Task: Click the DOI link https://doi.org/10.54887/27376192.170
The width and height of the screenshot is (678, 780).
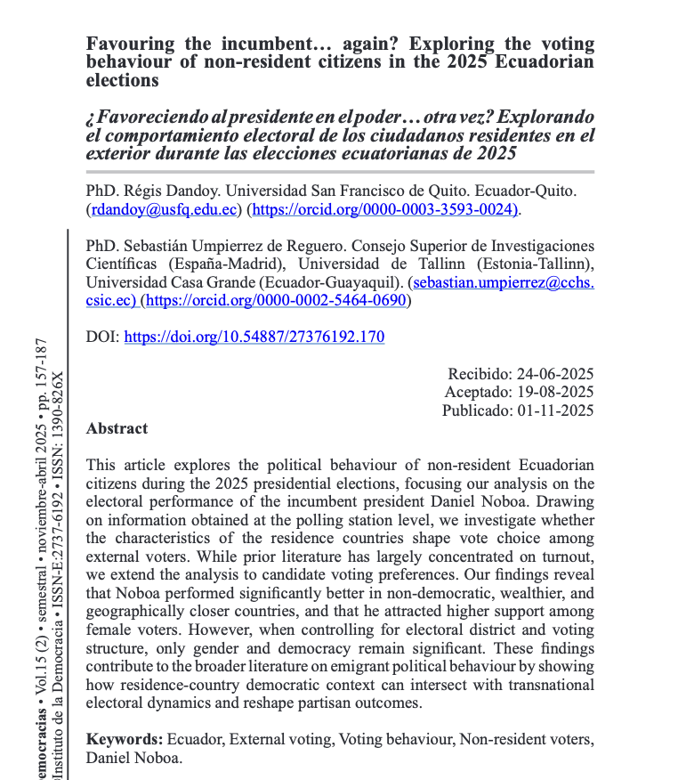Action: [x=254, y=337]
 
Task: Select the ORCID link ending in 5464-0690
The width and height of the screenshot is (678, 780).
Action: [x=276, y=301]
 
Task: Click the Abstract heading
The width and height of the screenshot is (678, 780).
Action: [x=117, y=428]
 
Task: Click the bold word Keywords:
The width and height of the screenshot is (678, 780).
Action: [x=125, y=740]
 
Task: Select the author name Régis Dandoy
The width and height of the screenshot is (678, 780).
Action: [x=176, y=191]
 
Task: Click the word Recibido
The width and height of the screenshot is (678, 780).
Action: [x=478, y=374]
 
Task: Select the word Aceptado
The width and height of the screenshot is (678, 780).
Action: [x=476, y=393]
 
